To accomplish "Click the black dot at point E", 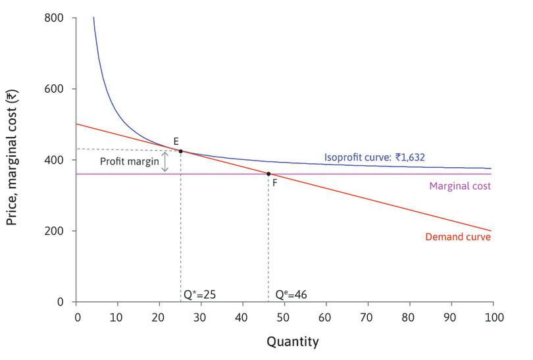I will [181, 151].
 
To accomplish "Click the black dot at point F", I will [268, 174].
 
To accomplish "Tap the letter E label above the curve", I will [176, 141].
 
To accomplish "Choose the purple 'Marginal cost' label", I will [460, 186].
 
